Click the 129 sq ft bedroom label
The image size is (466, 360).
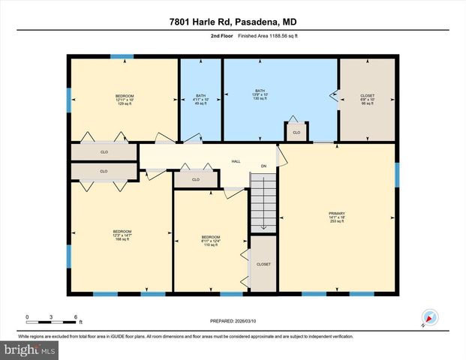pos(125,100)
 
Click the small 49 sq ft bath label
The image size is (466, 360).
pos(200,100)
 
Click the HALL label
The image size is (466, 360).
pos(235,160)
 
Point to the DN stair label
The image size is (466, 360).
pos(263,166)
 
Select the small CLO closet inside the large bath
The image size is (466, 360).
pos(296,133)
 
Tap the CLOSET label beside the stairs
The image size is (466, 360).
pos(263,264)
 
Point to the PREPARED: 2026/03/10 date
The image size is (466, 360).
pos(233,321)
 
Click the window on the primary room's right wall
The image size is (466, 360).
pos(396,173)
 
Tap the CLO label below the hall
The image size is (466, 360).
pos(195,180)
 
